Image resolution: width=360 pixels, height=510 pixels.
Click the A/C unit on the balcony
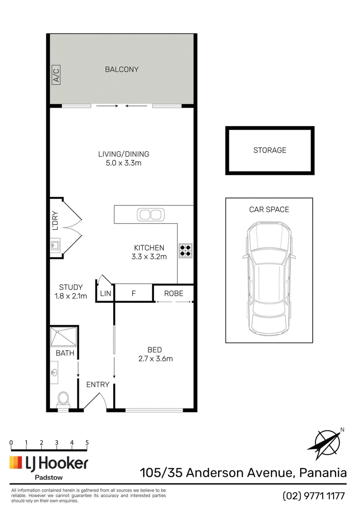coord(56,75)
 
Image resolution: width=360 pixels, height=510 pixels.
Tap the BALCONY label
coord(121,69)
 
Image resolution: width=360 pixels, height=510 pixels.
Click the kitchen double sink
coord(151,215)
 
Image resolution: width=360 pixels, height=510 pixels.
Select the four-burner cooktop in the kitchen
coord(185,251)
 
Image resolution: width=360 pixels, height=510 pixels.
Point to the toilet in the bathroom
coord(63,399)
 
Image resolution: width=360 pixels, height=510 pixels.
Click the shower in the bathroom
coord(64,337)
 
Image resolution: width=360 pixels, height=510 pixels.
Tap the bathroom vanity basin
coord(54,372)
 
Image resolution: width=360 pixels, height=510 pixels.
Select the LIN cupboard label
coord(106,293)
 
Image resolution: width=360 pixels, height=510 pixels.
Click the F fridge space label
coord(133,293)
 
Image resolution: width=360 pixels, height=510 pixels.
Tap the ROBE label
coord(174,293)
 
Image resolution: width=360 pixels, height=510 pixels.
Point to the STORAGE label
coord(270,150)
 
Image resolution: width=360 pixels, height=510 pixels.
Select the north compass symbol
coord(327,443)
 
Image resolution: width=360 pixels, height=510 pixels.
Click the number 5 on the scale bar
coord(87,442)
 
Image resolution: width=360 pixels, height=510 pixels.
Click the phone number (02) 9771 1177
coord(314,496)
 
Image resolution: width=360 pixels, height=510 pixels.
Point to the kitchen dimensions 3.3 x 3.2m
coord(149,257)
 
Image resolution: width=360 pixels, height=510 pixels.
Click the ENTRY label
coord(98,384)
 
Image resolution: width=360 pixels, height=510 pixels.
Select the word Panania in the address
coord(323,473)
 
